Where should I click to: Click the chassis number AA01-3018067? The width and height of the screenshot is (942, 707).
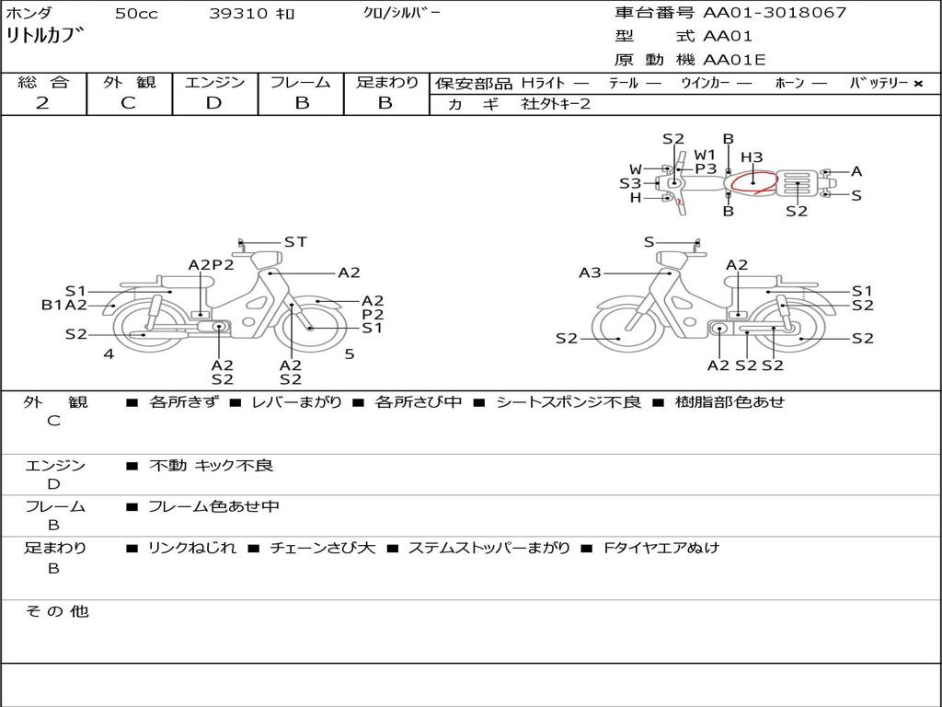[x=775, y=13]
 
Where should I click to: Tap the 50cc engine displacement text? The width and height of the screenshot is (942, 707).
[x=136, y=13]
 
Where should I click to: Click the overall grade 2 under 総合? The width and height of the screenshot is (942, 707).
[x=42, y=103]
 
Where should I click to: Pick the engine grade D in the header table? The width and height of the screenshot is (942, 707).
[x=213, y=103]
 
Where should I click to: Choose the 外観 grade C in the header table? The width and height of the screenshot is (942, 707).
[x=128, y=103]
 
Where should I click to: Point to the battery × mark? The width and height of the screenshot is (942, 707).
[x=918, y=84]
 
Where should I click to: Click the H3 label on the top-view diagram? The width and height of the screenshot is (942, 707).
[x=752, y=156]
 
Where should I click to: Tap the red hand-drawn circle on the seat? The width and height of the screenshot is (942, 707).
[x=754, y=182]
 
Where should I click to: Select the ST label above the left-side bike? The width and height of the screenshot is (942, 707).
[x=295, y=242]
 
